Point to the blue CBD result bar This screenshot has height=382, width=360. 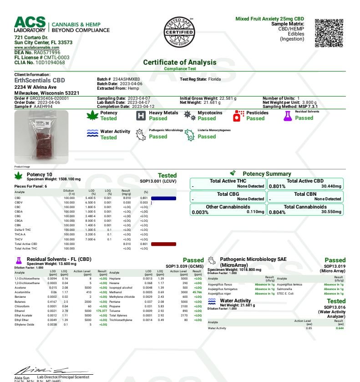coord(163,198)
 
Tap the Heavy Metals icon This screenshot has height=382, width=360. coord(141,115)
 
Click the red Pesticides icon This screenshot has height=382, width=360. coord(238,116)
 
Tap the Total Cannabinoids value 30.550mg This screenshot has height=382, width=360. coord(331,212)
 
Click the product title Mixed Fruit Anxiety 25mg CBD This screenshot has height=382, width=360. coord(269,19)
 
